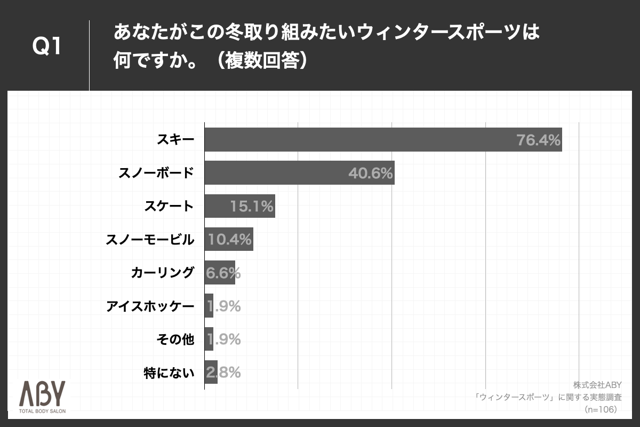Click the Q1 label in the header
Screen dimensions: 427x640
tap(47, 48)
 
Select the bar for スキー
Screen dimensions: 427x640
tap(383, 140)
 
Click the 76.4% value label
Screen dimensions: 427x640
tap(538, 140)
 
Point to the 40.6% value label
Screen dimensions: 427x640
tap(370, 173)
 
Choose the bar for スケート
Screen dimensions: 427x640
tap(239, 207)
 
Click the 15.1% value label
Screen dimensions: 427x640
tap(252, 207)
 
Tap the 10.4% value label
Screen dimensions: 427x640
tap(229, 240)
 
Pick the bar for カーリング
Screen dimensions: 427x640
tap(220, 273)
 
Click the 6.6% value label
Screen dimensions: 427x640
tap(223, 273)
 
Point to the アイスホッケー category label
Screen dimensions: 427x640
tap(150, 306)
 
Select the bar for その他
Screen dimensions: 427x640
tap(209, 339)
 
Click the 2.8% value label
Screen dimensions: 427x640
tap(223, 372)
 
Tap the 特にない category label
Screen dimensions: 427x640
tap(169, 372)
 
